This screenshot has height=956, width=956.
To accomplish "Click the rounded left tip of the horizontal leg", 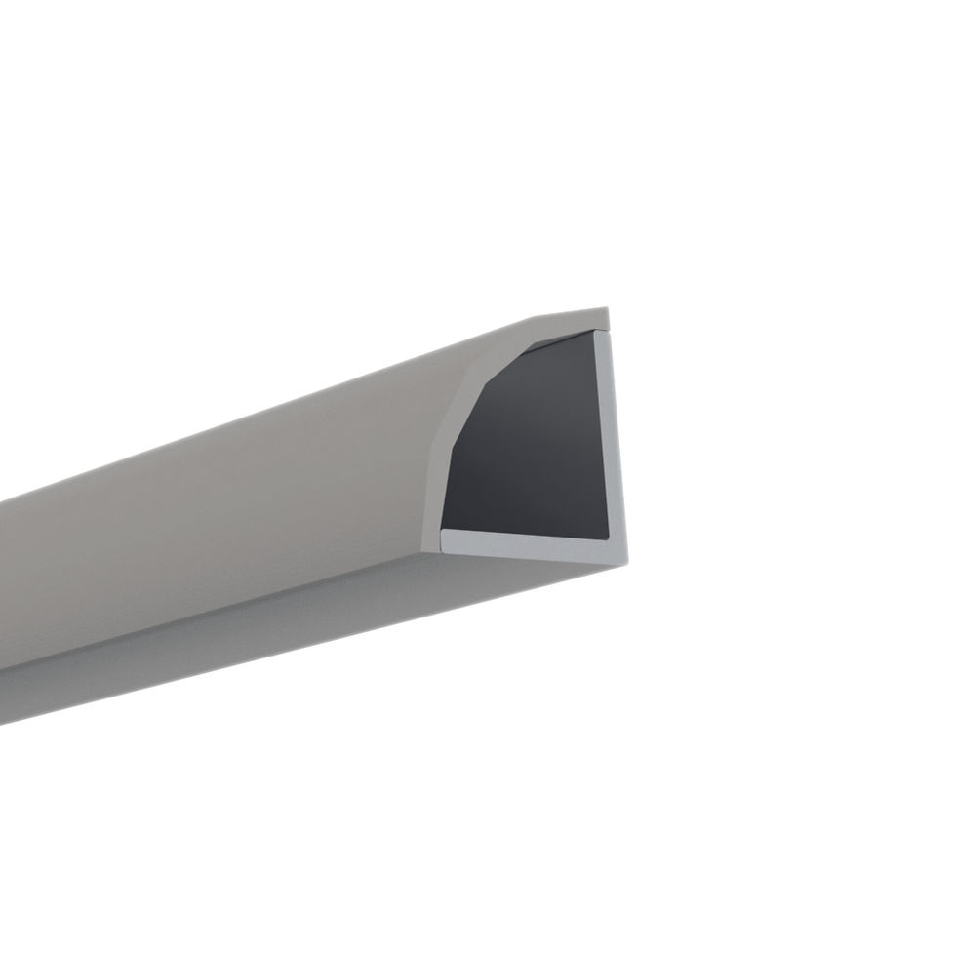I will (446, 538).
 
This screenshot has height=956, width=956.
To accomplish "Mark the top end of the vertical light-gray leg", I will (605, 335).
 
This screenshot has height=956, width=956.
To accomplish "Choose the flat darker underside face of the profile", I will (293, 624).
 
